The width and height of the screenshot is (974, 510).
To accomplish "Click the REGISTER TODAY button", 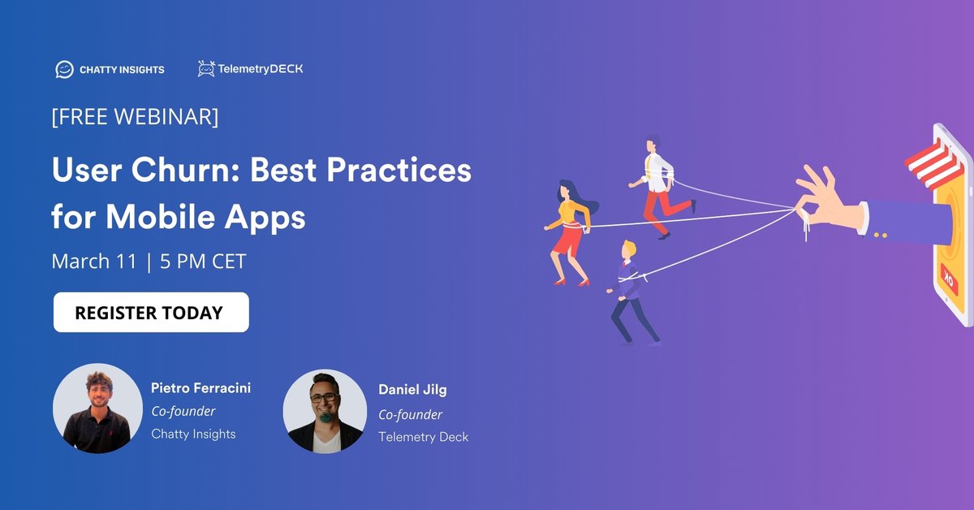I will click(x=151, y=313).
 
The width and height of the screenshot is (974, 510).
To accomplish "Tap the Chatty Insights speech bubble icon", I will click(x=64, y=70).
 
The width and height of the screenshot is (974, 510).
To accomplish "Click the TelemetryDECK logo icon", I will click(x=206, y=69).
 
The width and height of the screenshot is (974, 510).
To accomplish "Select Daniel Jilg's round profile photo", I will click(x=325, y=411).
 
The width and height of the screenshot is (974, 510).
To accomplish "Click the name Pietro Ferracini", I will click(x=200, y=388).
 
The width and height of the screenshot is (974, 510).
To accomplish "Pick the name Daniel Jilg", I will click(x=412, y=390).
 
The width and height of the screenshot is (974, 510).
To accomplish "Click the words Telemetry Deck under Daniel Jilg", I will click(x=423, y=437).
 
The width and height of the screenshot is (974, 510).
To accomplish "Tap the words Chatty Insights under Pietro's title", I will click(x=193, y=434).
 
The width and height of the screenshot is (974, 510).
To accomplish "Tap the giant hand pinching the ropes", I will click(x=820, y=199).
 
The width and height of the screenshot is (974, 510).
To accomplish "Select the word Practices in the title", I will click(x=389, y=171).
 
